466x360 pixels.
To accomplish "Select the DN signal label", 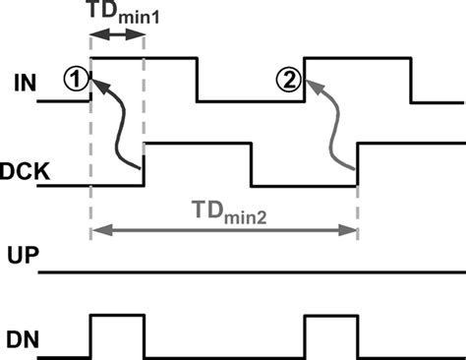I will click(x=23, y=339).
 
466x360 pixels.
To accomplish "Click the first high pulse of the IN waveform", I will click(x=145, y=58).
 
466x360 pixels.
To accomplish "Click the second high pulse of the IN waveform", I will click(x=357, y=58).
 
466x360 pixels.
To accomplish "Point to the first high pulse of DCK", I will click(x=198, y=144).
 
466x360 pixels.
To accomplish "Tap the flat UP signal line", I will click(x=246, y=270).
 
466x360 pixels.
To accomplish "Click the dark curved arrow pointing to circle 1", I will click(x=119, y=128).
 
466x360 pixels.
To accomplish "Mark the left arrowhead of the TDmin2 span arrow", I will click(x=96, y=232).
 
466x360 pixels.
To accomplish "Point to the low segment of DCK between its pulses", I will click(x=304, y=185).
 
